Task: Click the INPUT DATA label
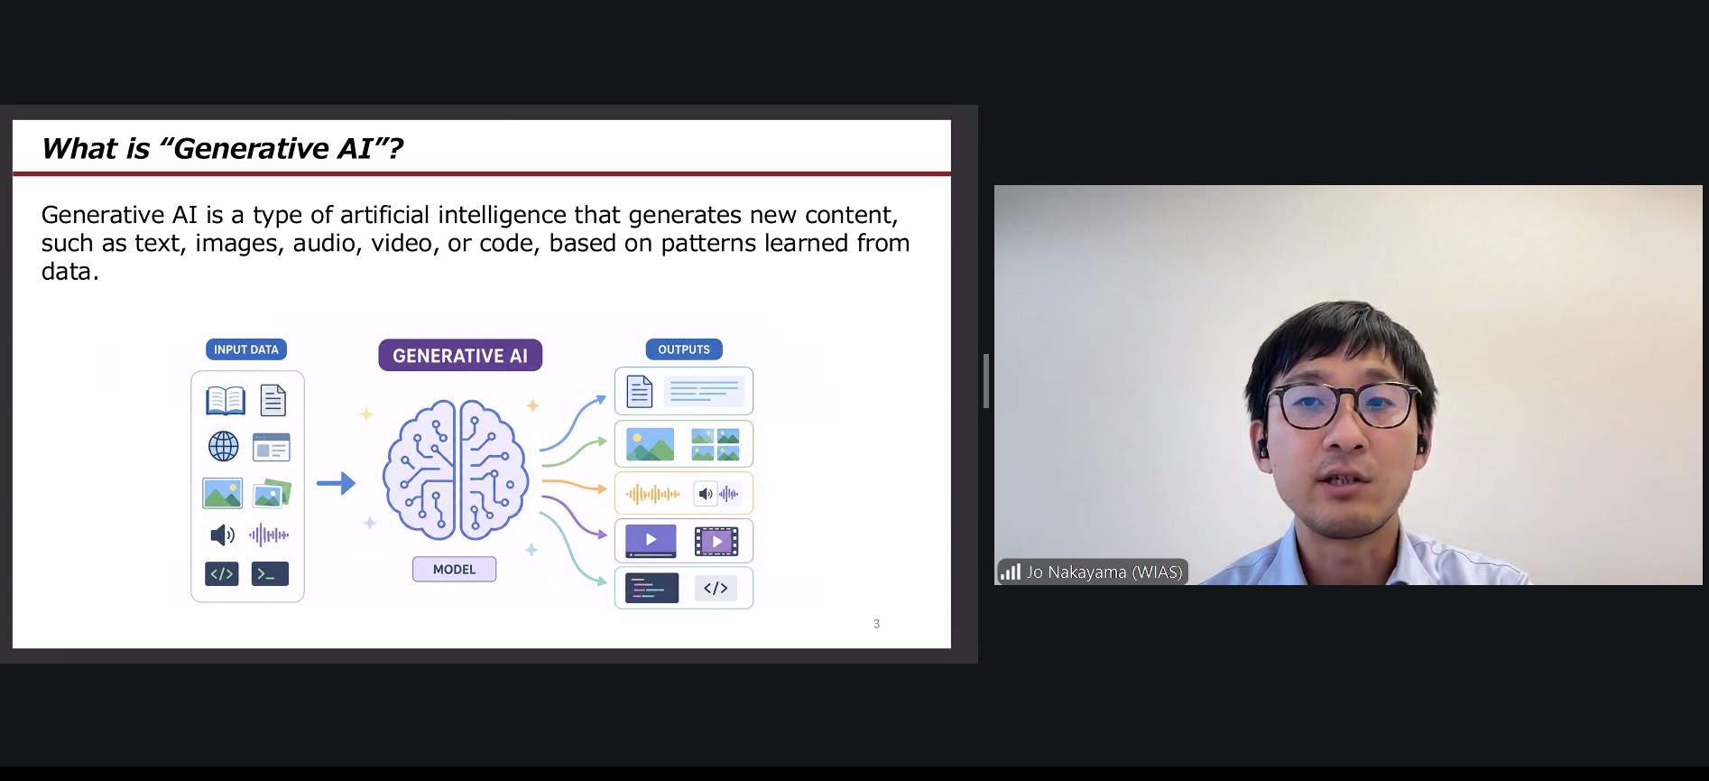[246, 349]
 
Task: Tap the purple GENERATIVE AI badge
[460, 356]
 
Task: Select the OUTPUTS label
[684, 349]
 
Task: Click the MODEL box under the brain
[454, 569]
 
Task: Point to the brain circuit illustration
[455, 470]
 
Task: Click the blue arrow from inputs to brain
[336, 484]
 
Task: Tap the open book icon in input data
[226, 400]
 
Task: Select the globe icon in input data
[224, 446]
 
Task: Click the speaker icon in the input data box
[222, 535]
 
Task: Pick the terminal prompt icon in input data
[270, 573]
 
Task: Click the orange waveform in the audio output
[652, 494]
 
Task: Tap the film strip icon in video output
[716, 541]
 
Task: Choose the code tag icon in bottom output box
[716, 588]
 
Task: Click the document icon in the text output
[639, 391]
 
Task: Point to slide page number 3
[876, 624]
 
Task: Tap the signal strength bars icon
[1011, 572]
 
